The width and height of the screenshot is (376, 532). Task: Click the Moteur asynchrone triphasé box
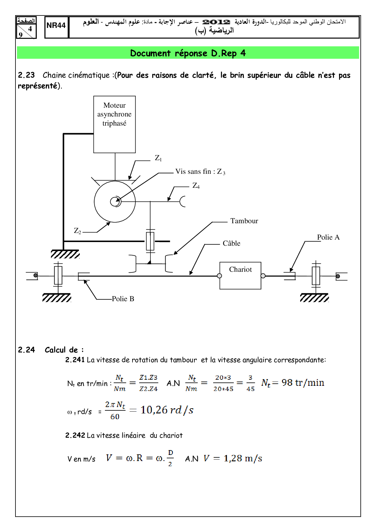point(114,124)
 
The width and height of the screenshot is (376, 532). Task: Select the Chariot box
point(240,275)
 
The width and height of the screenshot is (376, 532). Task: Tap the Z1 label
point(158,158)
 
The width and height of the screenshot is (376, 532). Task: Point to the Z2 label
point(78,231)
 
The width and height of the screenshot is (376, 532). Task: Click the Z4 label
point(196,186)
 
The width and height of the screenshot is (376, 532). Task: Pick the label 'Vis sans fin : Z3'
point(200,172)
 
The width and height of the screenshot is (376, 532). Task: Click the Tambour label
point(244,221)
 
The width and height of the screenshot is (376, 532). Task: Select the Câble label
point(231,243)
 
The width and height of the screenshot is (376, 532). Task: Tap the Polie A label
point(328,237)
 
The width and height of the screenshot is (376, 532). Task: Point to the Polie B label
point(123,299)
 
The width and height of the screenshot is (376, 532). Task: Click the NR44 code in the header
point(56,25)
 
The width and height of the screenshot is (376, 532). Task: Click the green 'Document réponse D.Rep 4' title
point(188,53)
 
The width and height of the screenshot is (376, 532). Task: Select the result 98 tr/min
point(303,383)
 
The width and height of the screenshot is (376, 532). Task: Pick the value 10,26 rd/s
point(167,410)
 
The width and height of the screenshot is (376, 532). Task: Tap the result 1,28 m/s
point(243,458)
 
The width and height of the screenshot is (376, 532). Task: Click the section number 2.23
point(26,75)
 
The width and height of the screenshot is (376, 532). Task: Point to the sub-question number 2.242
point(75,435)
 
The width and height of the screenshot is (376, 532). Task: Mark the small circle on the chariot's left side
point(220,276)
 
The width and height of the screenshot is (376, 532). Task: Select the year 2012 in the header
point(216,22)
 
